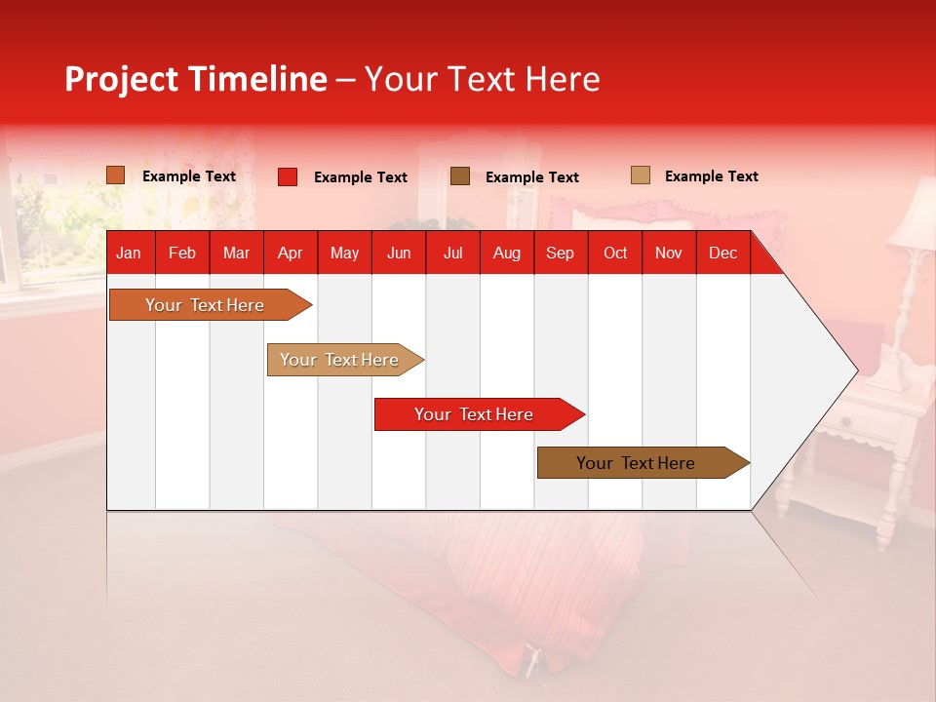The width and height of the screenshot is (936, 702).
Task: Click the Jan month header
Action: click(x=129, y=253)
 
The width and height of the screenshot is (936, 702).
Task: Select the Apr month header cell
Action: click(x=290, y=253)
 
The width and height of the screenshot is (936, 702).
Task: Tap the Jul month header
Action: click(x=452, y=253)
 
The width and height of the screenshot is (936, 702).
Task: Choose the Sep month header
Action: click(x=560, y=253)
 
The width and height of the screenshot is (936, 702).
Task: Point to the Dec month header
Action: click(x=722, y=253)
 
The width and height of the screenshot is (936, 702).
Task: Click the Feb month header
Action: click(x=182, y=253)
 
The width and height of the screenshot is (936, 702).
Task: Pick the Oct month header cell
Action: click(x=615, y=253)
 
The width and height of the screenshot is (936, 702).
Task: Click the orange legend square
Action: click(x=116, y=175)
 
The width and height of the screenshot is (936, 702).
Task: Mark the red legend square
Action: click(x=288, y=176)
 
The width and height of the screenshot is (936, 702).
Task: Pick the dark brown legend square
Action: click(x=460, y=176)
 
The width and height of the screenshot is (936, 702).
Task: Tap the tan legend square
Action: click(x=640, y=175)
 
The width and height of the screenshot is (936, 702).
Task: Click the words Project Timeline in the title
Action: click(x=195, y=79)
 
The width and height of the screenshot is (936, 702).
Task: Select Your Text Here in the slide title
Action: click(x=482, y=79)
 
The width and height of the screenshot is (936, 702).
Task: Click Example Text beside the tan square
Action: click(x=711, y=176)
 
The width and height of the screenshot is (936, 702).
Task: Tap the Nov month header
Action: click(x=669, y=253)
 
